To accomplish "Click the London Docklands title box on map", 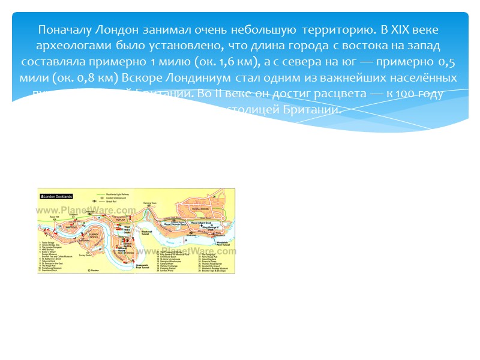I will (x=56, y=197).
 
